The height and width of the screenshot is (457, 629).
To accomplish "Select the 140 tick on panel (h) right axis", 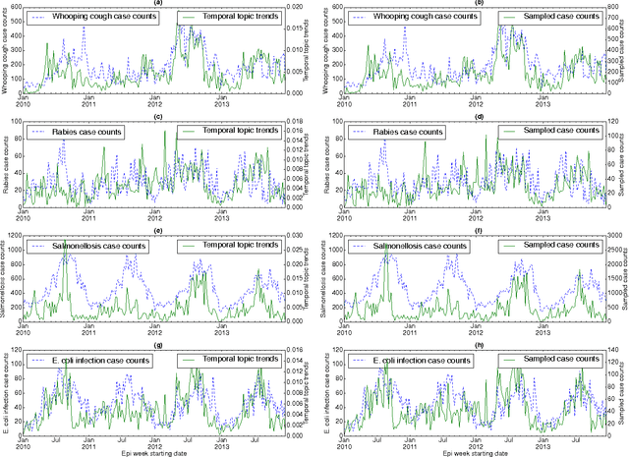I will (x=603, y=349).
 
